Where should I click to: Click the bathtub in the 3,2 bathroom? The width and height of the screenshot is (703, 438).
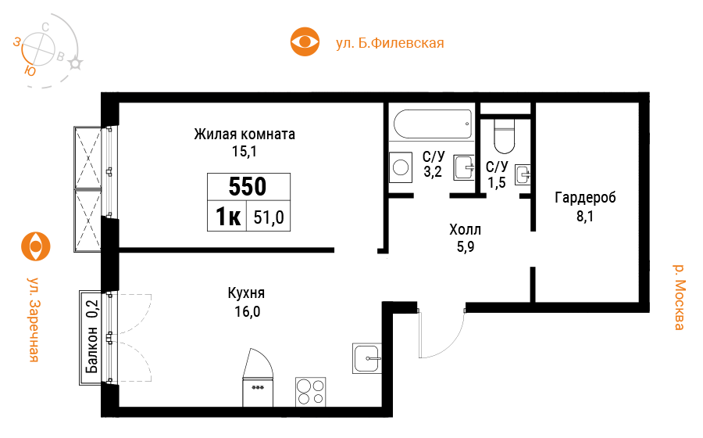tap(433, 124)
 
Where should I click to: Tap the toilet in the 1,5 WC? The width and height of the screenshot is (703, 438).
tap(504, 135)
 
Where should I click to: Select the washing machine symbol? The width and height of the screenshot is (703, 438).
tap(401, 167)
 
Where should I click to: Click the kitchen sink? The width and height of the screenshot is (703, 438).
tap(367, 358)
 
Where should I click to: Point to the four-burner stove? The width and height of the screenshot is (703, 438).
tap(310, 392)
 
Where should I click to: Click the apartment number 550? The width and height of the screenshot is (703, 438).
tap(248, 186)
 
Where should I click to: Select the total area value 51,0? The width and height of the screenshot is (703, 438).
tap(269, 217)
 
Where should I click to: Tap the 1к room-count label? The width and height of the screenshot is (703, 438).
tap(228, 217)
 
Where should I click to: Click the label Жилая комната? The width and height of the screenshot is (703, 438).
tap(244, 135)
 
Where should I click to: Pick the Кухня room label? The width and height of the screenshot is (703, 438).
tap(246, 293)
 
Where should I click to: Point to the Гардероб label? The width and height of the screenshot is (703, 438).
tap(585, 197)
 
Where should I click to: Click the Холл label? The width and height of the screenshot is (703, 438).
tap(466, 230)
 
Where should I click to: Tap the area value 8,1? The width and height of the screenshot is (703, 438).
tap(584, 217)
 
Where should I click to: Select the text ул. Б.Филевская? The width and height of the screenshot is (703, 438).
tap(390, 43)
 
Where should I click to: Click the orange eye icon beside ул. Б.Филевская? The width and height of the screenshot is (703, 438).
tap(305, 41)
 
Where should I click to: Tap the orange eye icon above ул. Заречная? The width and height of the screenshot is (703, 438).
tap(36, 246)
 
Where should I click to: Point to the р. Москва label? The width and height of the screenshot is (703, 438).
tap(680, 297)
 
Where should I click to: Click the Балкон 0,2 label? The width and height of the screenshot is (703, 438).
tap(92, 336)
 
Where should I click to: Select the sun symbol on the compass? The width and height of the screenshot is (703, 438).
tap(75, 63)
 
